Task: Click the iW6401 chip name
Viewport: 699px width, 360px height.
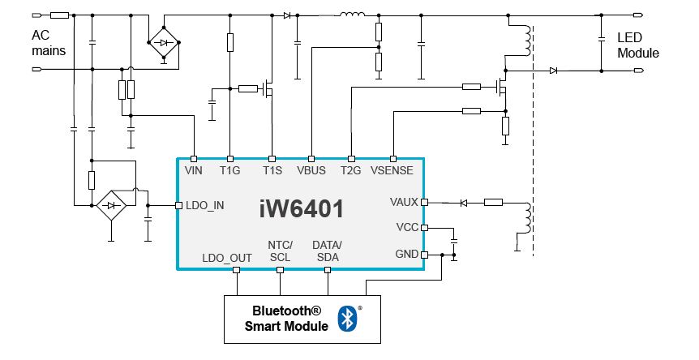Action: coord(302,209)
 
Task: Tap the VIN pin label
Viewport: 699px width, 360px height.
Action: coord(194,170)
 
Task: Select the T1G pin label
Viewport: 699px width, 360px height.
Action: coord(230,170)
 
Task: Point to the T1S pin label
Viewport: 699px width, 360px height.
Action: coord(271,170)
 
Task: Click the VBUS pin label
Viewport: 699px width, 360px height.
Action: coord(311,170)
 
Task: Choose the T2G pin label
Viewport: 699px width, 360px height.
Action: coord(351,170)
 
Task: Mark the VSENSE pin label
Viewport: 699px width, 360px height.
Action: coord(392,170)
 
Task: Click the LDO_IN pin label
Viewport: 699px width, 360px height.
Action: coord(204,206)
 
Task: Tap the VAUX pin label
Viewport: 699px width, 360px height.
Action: coord(403,201)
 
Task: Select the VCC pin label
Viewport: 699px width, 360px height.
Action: coord(406,228)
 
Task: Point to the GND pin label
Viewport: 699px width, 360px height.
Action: coord(406,254)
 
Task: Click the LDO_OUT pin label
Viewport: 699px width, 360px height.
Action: coord(226,258)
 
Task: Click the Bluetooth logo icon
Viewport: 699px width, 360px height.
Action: coord(347,318)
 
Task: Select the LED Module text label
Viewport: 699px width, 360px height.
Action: coord(638,45)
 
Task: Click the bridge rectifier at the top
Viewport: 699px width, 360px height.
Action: coord(165,42)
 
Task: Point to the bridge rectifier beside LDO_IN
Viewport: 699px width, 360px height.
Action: coord(109,205)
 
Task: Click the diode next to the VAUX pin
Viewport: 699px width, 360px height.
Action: coord(465,202)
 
